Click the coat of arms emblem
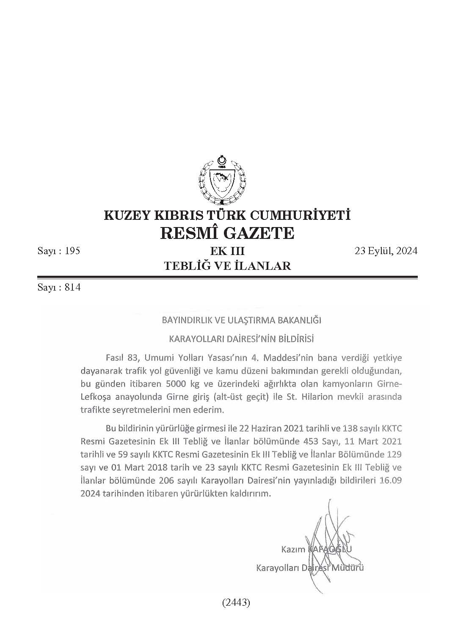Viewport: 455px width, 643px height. coord(222,180)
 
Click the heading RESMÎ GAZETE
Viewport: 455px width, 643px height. coord(227,233)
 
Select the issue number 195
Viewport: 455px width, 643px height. coord(73,251)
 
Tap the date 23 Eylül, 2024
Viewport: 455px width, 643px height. coord(386,251)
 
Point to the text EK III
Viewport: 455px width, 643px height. coord(227,251)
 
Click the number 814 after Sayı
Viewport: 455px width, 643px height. coord(73,288)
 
